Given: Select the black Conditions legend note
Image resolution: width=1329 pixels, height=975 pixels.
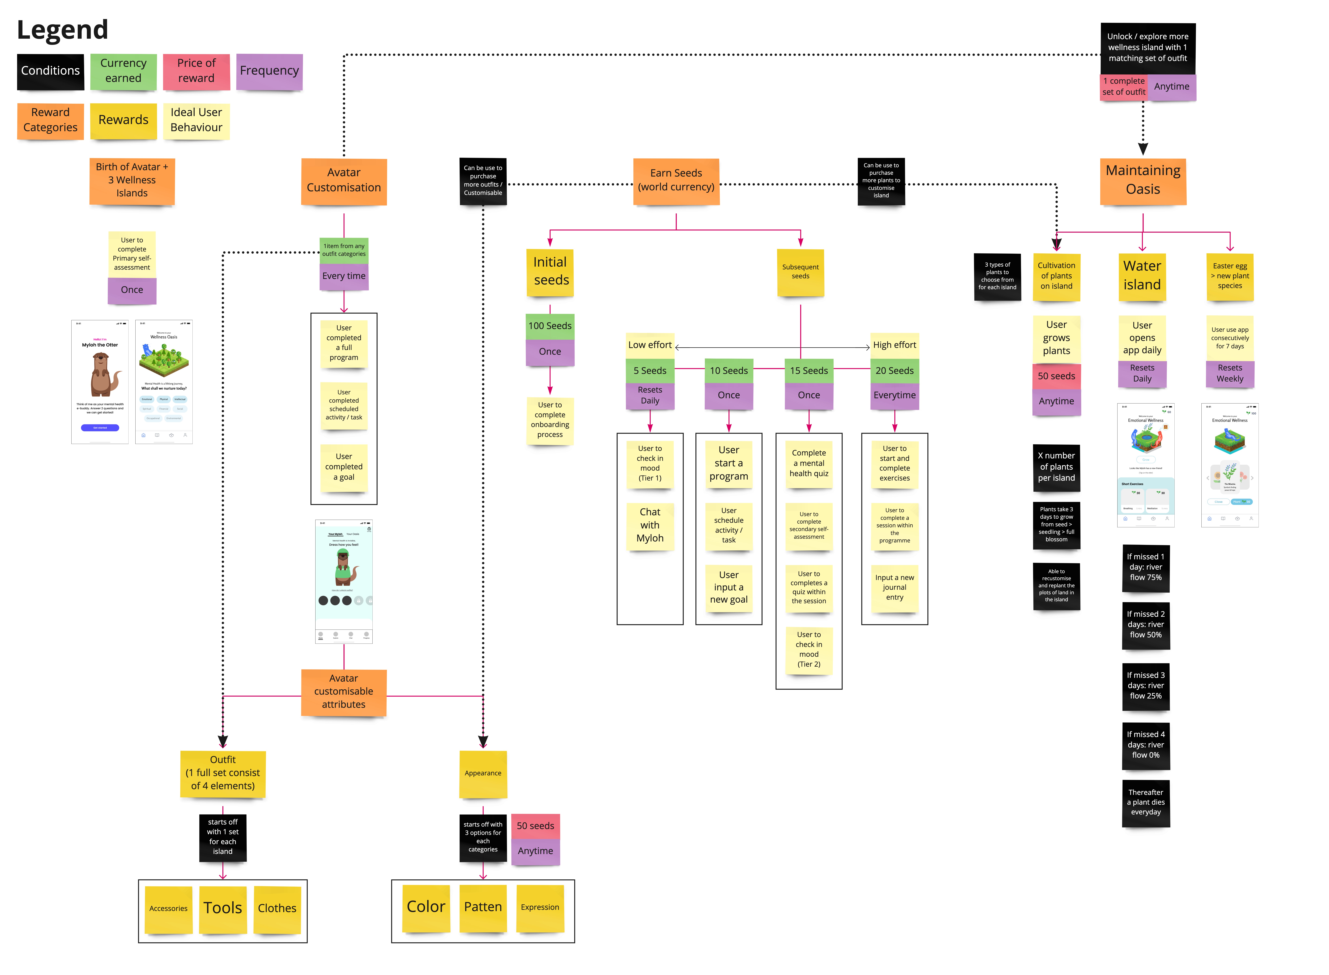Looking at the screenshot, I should click(50, 71).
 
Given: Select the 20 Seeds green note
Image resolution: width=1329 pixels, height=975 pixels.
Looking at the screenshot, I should click(894, 371).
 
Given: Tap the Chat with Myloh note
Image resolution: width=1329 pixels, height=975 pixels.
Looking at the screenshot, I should click(650, 525).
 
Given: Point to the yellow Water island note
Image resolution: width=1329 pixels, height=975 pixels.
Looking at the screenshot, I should click(1142, 276).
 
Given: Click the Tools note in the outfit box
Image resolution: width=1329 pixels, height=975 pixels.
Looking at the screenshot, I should click(223, 908).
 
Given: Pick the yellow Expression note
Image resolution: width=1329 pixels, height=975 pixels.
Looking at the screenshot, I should click(539, 908).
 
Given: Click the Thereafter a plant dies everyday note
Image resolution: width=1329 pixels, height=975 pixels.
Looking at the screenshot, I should click(1145, 803).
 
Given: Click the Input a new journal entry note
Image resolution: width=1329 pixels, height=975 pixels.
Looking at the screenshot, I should click(894, 588).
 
